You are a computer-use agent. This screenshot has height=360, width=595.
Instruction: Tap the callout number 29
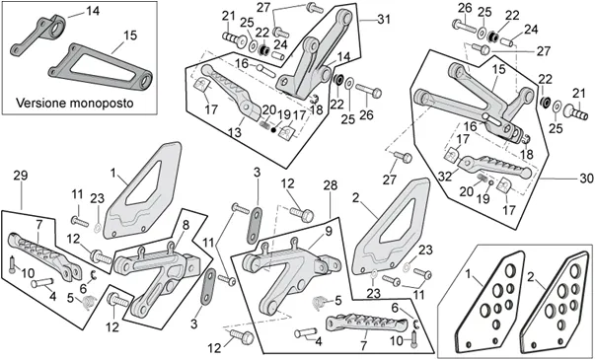pyautogui.click(x=21, y=176)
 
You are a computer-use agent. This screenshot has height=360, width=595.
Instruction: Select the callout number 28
pyautogui.click(x=331, y=185)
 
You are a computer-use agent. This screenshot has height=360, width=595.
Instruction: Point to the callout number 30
pyautogui.click(x=586, y=178)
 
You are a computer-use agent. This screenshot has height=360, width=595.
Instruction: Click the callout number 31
pyautogui.click(x=383, y=19)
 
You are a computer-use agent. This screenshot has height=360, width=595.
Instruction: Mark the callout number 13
pyautogui.click(x=235, y=133)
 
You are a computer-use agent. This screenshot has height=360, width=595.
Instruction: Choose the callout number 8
pyautogui.click(x=186, y=225)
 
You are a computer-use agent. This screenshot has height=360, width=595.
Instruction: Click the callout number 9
pyautogui.click(x=329, y=231)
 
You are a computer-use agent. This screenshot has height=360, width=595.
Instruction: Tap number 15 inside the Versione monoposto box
pyautogui.click(x=130, y=36)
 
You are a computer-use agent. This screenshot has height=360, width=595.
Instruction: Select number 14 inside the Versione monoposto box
pyautogui.click(x=93, y=11)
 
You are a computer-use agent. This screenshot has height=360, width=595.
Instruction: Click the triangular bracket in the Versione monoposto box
pyautogui.click(x=101, y=66)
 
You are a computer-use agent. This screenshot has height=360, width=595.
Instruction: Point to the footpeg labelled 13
pyautogui.click(x=229, y=91)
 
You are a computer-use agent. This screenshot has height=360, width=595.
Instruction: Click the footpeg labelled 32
pyautogui.click(x=494, y=166)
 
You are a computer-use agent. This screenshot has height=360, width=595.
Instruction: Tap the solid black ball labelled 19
pyautogui.click(x=273, y=130)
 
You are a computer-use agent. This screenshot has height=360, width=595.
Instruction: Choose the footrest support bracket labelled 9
pyautogui.click(x=290, y=271)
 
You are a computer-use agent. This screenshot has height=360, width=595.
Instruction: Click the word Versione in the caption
pyautogui.click(x=41, y=103)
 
